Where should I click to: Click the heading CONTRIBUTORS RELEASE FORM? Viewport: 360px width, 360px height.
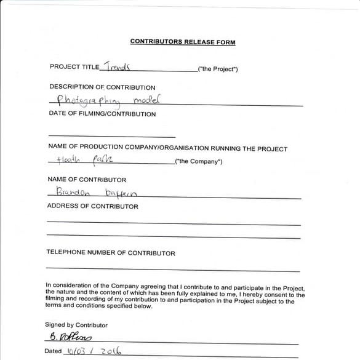point(183,42)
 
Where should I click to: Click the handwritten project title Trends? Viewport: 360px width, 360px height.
point(118,66)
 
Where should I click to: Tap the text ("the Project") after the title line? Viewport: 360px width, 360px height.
point(217,69)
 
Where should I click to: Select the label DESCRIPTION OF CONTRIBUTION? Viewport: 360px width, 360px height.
point(102,87)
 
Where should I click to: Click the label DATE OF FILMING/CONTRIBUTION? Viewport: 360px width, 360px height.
point(102,114)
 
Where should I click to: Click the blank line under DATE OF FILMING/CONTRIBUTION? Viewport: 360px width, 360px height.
point(111,136)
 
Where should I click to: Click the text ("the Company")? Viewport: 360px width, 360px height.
point(199,162)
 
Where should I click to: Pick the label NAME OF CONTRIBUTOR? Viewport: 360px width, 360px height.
point(87,180)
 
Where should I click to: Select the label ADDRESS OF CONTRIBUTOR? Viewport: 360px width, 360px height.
point(92,206)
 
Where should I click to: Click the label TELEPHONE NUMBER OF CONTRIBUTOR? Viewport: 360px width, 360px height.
point(111,253)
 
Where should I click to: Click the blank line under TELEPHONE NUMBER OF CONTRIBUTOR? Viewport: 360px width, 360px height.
point(173,270)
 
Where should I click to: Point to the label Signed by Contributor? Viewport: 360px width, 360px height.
point(76,325)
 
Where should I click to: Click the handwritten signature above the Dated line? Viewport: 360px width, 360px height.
point(69,338)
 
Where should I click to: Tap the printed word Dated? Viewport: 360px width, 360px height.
point(53,351)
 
